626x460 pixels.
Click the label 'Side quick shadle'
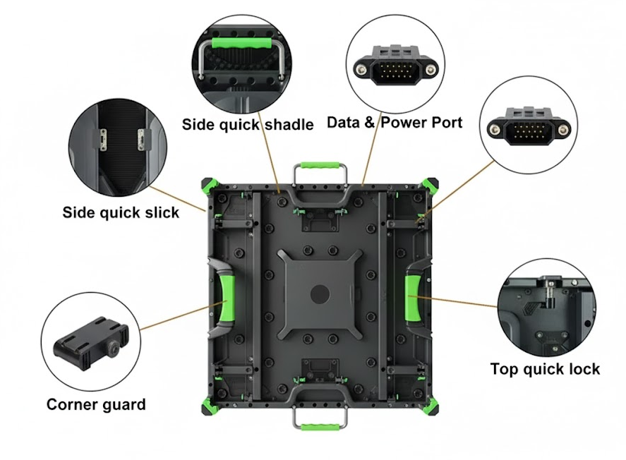(248, 125)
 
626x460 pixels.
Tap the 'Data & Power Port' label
(395, 122)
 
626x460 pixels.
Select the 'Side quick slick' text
(121, 212)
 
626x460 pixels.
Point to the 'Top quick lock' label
(545, 368)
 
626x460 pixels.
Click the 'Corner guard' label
(96, 404)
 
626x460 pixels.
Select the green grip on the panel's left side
(227, 297)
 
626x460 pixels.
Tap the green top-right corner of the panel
(431, 185)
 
